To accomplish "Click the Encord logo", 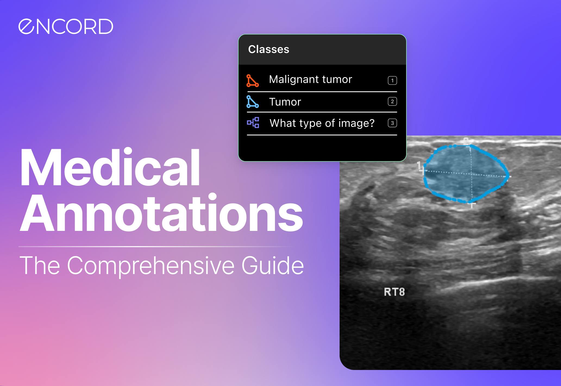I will tap(65, 27).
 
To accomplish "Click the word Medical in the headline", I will tap(110, 168).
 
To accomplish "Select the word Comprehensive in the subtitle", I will tap(150, 266).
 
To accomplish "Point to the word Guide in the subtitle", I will tap(272, 265).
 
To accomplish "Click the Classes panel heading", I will tap(268, 49).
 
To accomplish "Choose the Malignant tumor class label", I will tap(310, 80).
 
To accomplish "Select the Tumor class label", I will tap(285, 102).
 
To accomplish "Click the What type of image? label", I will tap(322, 123).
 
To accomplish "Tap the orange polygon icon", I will tap(252, 81).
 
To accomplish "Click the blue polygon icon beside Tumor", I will tap(252, 102).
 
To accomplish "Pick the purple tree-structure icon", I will tap(253, 123).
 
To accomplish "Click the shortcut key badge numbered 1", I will tap(392, 80).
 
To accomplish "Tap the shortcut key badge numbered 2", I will tap(392, 102).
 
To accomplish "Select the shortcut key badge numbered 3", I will tap(392, 123).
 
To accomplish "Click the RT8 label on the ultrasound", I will tap(394, 292).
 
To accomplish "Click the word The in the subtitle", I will tap(39, 266).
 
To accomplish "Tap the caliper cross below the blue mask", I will tap(472, 205).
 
